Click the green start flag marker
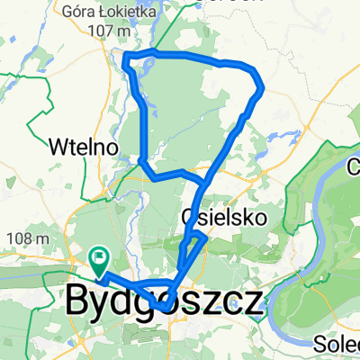point(98,259)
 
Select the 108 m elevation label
point(30,238)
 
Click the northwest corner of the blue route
point(125,58)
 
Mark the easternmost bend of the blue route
point(261,88)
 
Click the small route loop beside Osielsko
point(196,240)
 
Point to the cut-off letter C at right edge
point(354,166)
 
